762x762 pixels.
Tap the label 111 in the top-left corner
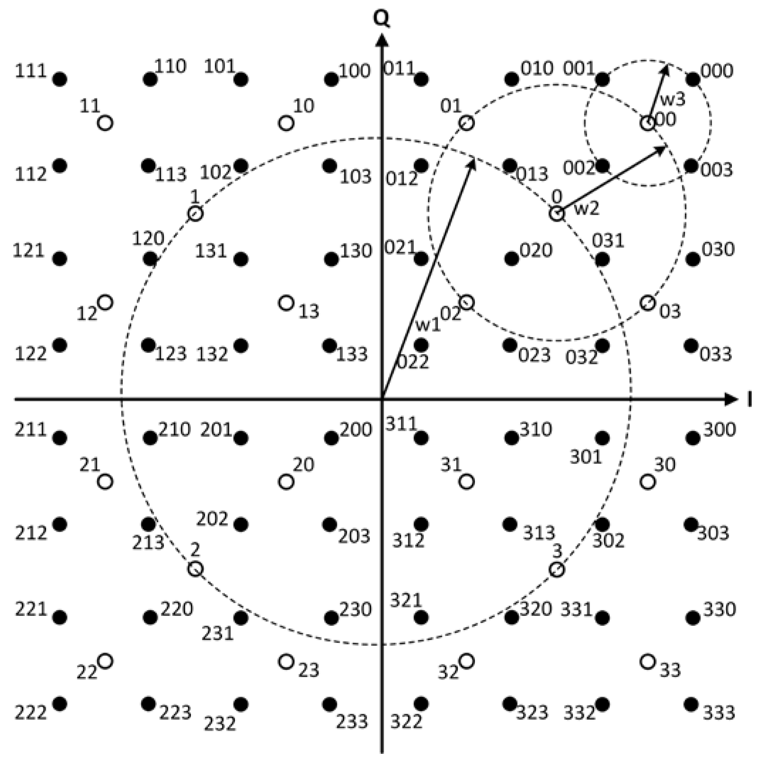pyautogui.click(x=31, y=71)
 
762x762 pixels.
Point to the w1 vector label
pyautogui.click(x=428, y=326)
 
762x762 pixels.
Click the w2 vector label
pyautogui.click(x=586, y=209)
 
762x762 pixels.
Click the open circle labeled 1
pyautogui.click(x=195, y=214)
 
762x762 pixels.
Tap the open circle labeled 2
pyautogui.click(x=195, y=569)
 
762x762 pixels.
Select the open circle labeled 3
pyautogui.click(x=557, y=569)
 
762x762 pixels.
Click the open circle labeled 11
pyautogui.click(x=105, y=123)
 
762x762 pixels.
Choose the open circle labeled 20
pyautogui.click(x=286, y=482)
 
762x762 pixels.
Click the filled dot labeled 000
pyautogui.click(x=693, y=79)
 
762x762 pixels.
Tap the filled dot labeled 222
pyautogui.click(x=60, y=704)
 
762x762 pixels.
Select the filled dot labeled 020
pyautogui.click(x=511, y=259)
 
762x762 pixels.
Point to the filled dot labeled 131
pyautogui.click(x=241, y=259)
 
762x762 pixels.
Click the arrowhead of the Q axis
pyautogui.click(x=381, y=39)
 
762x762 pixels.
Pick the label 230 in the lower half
pyautogui.click(x=355, y=610)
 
